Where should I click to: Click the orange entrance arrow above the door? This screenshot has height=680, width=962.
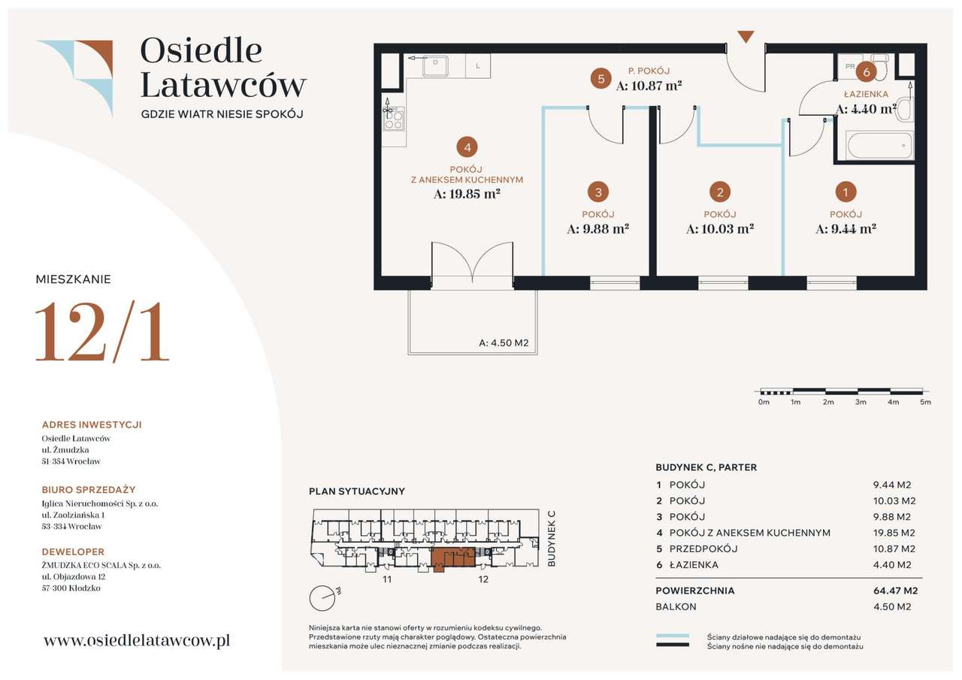[x=746, y=37]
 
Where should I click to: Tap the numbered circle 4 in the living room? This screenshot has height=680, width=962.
[x=467, y=148]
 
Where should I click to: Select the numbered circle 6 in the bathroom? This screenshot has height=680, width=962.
[x=867, y=72]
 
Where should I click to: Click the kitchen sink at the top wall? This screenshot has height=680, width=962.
[x=435, y=66]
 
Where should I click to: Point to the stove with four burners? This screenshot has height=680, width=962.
[x=394, y=119]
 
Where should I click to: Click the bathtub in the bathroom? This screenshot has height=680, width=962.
[x=879, y=146]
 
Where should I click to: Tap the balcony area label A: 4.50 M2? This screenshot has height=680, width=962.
[x=504, y=343]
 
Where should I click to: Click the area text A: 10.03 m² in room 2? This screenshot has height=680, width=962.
[x=720, y=229]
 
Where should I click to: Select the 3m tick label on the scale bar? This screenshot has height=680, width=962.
[x=861, y=402]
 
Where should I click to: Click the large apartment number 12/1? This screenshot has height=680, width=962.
[x=102, y=331]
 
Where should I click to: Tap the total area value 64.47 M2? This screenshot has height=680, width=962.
[x=895, y=591]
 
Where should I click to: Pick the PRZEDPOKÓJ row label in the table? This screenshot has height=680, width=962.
[x=703, y=549]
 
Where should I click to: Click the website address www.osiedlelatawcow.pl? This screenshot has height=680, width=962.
[x=137, y=640]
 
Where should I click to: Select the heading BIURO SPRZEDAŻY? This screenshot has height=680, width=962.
[x=89, y=490]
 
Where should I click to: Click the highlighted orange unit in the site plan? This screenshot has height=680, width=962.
[x=453, y=558]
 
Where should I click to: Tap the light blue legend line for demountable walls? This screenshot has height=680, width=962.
[x=673, y=636]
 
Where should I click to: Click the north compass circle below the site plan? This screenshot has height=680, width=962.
[x=322, y=598]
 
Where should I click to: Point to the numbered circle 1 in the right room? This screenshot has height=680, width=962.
[x=846, y=192]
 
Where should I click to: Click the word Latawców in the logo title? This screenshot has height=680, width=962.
[x=223, y=85]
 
